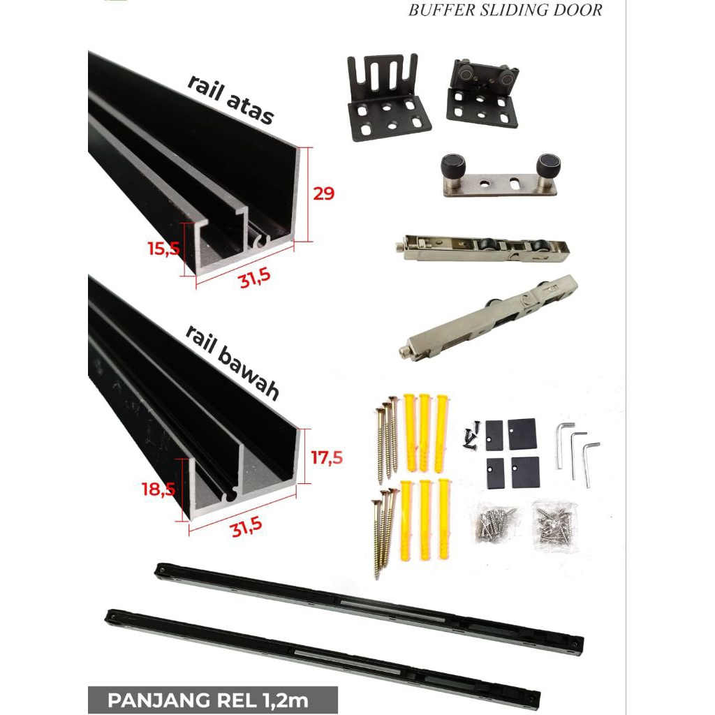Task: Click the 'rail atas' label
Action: point(230,99)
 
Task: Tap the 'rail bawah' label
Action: point(233,363)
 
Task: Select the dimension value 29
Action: point(323,194)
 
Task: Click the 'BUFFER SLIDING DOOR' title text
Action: point(505,10)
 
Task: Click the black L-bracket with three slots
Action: point(388,98)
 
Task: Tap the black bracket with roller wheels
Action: point(482,93)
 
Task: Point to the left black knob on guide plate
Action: point(450,168)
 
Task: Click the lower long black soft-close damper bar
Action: point(322,656)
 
